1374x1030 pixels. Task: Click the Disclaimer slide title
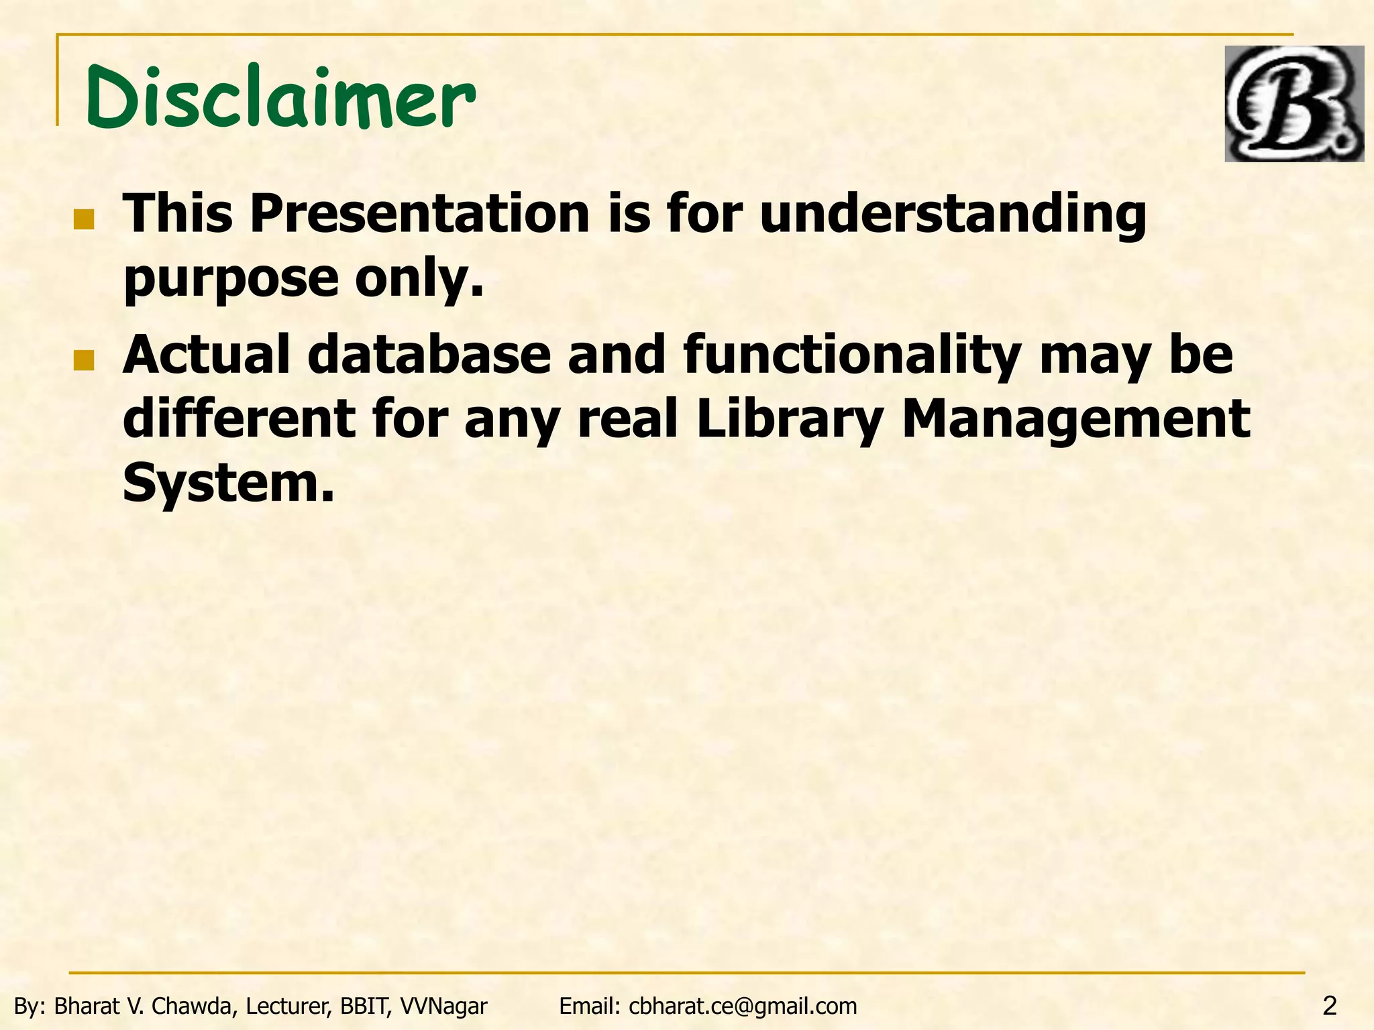click(x=280, y=97)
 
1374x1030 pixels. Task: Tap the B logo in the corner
click(x=1293, y=103)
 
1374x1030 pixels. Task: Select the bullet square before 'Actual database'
click(x=84, y=360)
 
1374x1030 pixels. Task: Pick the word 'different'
click(x=239, y=419)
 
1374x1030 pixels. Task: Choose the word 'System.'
click(x=228, y=484)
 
